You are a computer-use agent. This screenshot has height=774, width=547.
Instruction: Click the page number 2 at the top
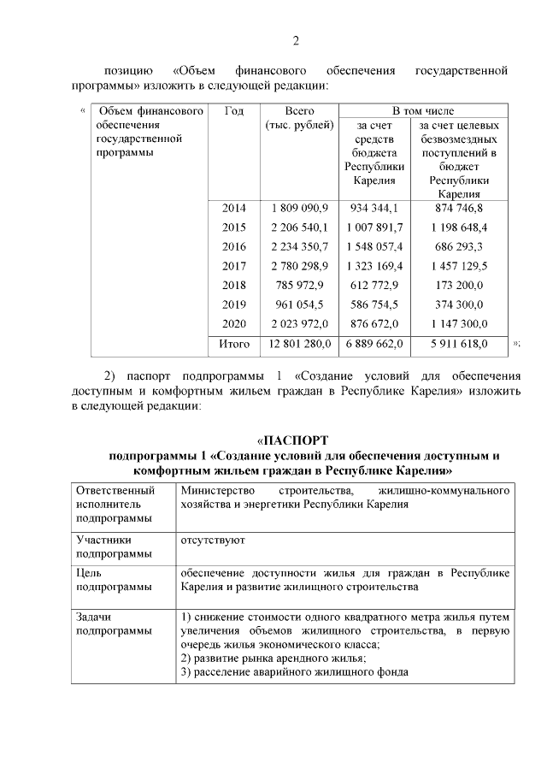coord(295,40)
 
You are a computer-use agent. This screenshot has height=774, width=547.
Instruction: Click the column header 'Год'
coord(233,111)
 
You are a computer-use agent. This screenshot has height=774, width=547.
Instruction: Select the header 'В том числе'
coord(423,111)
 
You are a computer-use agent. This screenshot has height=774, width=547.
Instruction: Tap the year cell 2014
coord(233,208)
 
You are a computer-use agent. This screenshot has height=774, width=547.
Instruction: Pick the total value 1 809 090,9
coord(299,208)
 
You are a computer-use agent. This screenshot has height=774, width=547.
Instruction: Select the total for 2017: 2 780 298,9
coord(299,266)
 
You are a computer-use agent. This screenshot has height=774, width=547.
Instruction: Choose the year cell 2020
coord(233,324)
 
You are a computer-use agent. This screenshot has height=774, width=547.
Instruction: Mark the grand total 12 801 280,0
coord(299,344)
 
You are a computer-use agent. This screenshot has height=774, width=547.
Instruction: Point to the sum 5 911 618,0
coord(459,344)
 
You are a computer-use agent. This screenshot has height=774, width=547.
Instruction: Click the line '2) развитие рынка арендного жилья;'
coord(273,658)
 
